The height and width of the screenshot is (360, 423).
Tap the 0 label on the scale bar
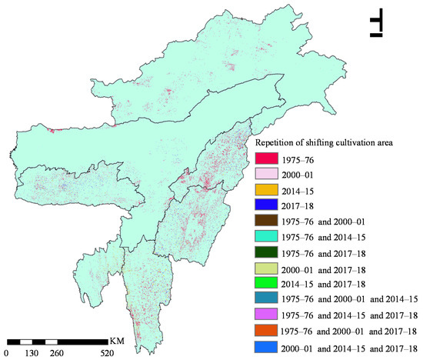[7, 353]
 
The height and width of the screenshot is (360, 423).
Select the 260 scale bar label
[58, 353]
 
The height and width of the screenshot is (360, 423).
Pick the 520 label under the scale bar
[108, 353]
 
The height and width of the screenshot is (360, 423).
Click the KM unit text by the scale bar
[118, 341]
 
